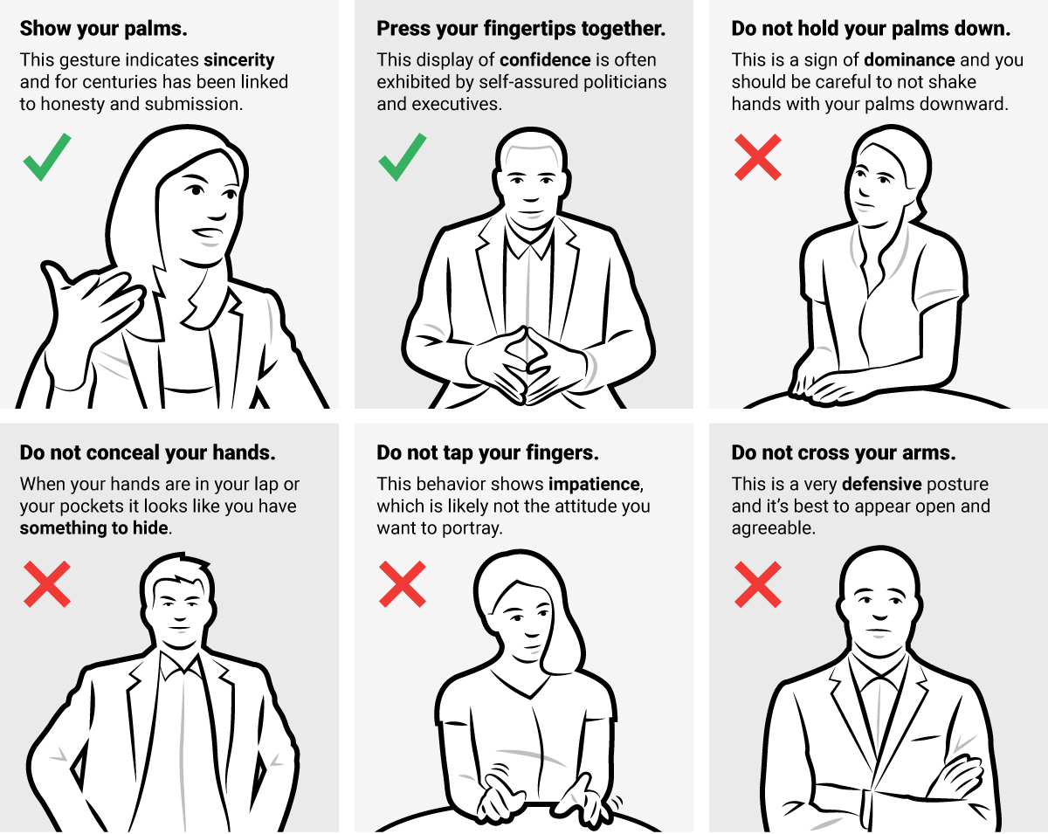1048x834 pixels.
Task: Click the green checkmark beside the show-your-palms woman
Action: [x=46, y=158]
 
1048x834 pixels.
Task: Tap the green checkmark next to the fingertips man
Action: [x=402, y=158]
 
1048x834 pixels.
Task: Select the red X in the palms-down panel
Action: [x=758, y=157]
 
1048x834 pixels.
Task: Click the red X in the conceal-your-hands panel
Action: [x=47, y=584]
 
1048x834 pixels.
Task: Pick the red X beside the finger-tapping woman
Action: [x=403, y=584]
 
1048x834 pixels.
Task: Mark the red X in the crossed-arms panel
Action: [x=758, y=584]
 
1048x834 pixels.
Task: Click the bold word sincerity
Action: [x=238, y=60]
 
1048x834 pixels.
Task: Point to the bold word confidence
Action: [x=545, y=60]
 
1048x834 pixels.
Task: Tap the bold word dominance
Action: [x=909, y=60]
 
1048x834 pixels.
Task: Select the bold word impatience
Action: [x=595, y=484]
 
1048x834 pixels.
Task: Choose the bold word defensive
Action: [x=881, y=484]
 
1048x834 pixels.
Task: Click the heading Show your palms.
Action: [x=103, y=29]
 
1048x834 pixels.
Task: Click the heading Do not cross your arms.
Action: [x=844, y=453]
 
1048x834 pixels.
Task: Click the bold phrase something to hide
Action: [x=94, y=528]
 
